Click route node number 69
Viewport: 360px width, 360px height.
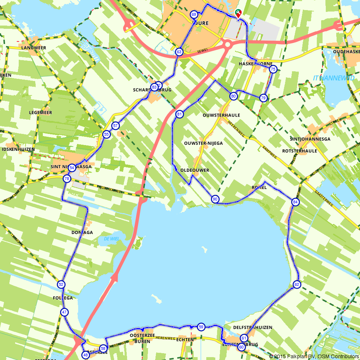tap(194, 14)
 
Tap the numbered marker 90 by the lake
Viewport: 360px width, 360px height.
tap(215, 199)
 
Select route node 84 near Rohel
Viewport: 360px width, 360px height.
tap(296, 202)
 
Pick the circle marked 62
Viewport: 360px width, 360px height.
tap(297, 284)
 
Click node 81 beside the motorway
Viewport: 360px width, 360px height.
tap(179, 114)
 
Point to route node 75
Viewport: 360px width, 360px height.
tap(273, 69)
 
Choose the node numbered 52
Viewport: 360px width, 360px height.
tap(61, 284)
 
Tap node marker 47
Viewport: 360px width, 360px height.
tap(64, 312)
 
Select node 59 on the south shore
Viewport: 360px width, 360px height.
tap(201, 327)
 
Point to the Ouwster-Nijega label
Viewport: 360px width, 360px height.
tap(203, 143)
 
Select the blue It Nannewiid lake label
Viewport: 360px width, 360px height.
tap(334, 78)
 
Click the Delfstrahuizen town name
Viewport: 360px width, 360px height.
tap(253, 328)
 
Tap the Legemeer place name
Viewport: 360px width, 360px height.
tap(40, 113)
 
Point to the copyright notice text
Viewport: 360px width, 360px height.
tap(314, 356)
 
